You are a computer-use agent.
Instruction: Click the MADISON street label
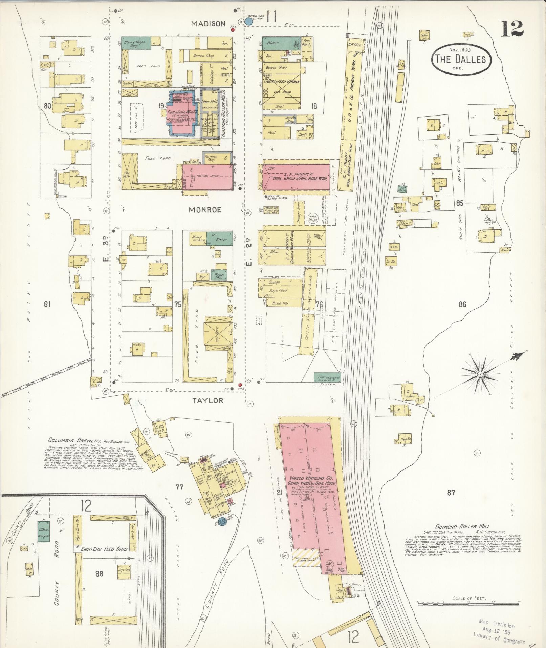click(x=208, y=24)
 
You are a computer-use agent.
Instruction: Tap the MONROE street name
click(x=205, y=210)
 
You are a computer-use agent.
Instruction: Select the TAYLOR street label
click(x=208, y=400)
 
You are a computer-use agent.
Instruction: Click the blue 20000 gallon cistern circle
click(x=248, y=22)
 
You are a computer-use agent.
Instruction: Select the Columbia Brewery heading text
click(x=75, y=441)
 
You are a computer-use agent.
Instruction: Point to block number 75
click(x=178, y=304)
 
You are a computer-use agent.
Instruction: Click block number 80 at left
click(x=47, y=106)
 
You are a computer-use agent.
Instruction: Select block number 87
click(x=451, y=493)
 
